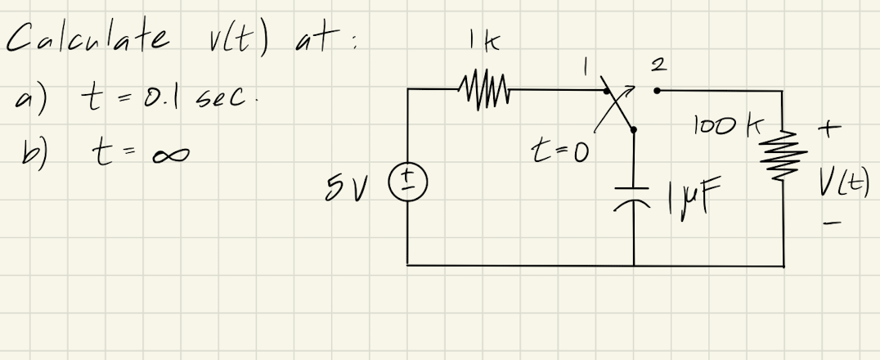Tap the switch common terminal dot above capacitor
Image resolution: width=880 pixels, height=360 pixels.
click(x=634, y=128)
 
